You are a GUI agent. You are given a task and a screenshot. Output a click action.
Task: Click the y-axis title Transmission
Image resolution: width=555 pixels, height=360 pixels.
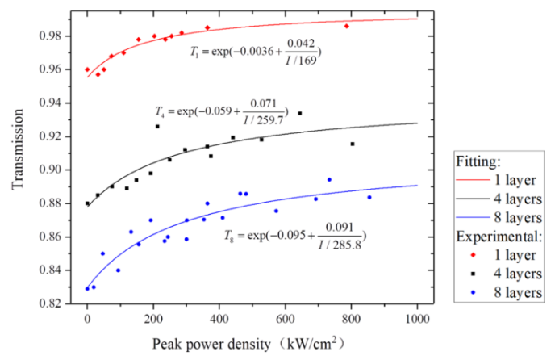(17, 157)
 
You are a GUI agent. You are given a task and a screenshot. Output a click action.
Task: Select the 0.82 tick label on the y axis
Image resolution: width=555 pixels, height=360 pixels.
(56, 303)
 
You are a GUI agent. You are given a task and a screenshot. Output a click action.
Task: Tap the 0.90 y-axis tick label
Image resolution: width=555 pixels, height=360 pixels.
(56, 170)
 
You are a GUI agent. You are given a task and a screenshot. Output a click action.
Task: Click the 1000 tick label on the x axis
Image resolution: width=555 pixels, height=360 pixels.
(417, 318)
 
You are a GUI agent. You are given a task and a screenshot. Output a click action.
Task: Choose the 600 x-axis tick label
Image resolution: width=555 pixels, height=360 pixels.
(286, 318)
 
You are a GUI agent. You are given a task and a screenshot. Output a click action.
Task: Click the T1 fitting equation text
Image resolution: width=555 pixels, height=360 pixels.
(257, 51)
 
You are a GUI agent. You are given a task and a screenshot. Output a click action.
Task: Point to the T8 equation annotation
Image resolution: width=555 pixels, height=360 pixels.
(294, 235)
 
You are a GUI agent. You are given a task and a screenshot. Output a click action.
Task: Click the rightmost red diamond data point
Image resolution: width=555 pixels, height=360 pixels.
(347, 27)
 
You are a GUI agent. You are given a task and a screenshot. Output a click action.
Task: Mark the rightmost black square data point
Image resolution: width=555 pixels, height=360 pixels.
(352, 144)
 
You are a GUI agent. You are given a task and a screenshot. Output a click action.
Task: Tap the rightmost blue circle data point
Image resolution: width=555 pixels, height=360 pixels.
(369, 197)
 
